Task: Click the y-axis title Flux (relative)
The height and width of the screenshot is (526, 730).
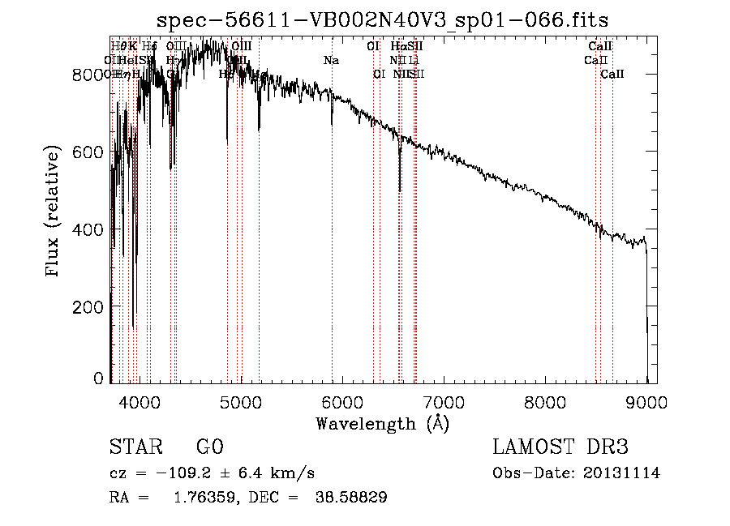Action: (x=54, y=212)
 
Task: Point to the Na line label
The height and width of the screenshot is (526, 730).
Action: (x=331, y=60)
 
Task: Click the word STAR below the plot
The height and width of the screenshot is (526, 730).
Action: (x=133, y=448)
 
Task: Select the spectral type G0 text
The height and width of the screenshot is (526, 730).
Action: (x=209, y=448)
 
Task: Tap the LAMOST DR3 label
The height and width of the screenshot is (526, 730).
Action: (x=560, y=448)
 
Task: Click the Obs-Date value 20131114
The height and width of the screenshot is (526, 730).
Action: (x=622, y=473)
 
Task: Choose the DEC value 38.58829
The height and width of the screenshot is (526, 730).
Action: (x=350, y=498)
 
